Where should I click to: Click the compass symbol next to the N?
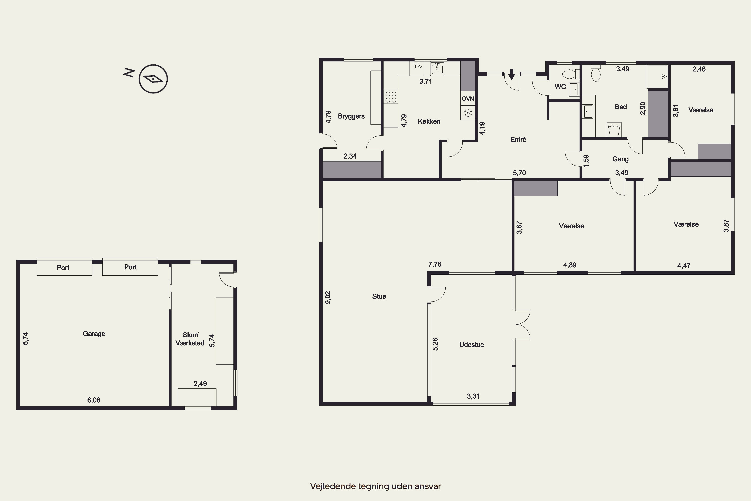coord(153,79)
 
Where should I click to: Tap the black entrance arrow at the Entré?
coord(511,74)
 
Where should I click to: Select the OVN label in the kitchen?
coord(468,99)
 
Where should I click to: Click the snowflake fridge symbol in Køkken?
coord(468,113)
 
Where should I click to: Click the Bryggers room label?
coord(351,116)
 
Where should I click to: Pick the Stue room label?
coord(379,296)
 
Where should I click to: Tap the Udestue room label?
coord(471,344)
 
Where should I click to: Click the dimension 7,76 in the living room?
coord(435,264)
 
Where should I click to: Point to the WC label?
coord(560,87)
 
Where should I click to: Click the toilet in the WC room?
coord(570,74)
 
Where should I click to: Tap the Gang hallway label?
coord(620,159)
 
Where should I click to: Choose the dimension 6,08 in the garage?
coord(94,400)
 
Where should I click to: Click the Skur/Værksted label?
coord(190,339)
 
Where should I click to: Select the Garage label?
coord(94,334)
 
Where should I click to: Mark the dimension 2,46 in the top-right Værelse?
coord(699,69)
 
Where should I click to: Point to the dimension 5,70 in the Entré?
coord(519,173)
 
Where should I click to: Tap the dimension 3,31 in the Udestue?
coord(473,396)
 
